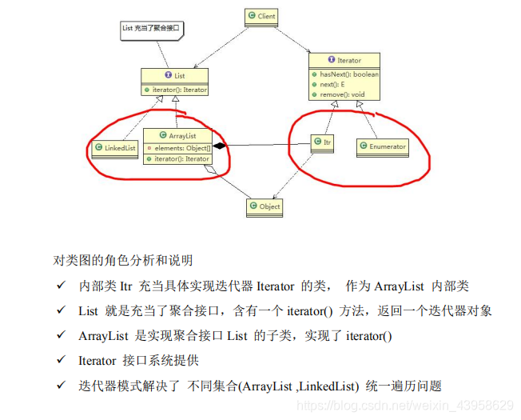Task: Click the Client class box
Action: [x=260, y=14]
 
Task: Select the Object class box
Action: [x=266, y=206]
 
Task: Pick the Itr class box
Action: [x=322, y=142]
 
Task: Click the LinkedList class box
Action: [x=114, y=148]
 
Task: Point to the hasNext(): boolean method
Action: [x=348, y=74]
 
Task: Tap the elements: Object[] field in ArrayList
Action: [x=181, y=148]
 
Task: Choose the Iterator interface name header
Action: [x=345, y=60]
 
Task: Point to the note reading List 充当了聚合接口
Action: [x=151, y=29]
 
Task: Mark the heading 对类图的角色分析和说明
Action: [x=122, y=260]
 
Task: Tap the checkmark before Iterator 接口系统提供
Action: [x=61, y=361]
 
